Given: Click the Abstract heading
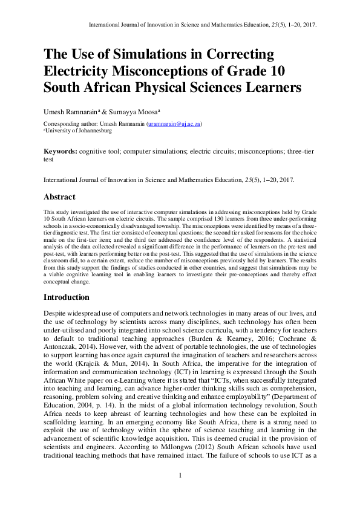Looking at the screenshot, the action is pos(59,197).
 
